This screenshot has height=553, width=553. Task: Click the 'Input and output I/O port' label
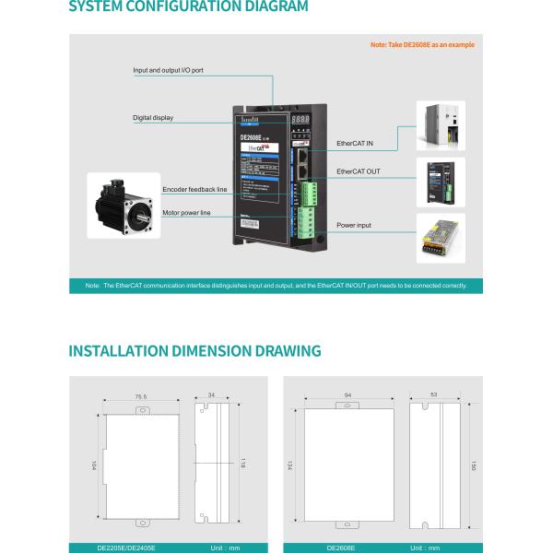168,70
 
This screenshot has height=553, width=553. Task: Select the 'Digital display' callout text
153,118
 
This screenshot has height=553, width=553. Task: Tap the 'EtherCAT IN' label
355,144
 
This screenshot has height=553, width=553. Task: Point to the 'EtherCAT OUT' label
358,171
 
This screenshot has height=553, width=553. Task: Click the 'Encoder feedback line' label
194,190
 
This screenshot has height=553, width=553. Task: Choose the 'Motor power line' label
186,213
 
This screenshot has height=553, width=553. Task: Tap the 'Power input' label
354,225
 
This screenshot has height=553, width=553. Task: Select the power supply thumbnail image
441,238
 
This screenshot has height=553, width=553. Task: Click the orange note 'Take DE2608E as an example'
422,44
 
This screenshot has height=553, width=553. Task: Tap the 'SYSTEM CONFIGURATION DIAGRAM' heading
189,7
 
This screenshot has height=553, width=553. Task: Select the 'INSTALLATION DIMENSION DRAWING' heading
195,350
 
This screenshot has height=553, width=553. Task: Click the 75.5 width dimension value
141,397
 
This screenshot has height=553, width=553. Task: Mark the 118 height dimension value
242,463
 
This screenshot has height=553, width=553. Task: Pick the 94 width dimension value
347,394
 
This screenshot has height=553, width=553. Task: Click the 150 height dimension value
474,465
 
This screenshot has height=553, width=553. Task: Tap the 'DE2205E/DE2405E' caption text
126,547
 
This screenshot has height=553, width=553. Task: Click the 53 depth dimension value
434,394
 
